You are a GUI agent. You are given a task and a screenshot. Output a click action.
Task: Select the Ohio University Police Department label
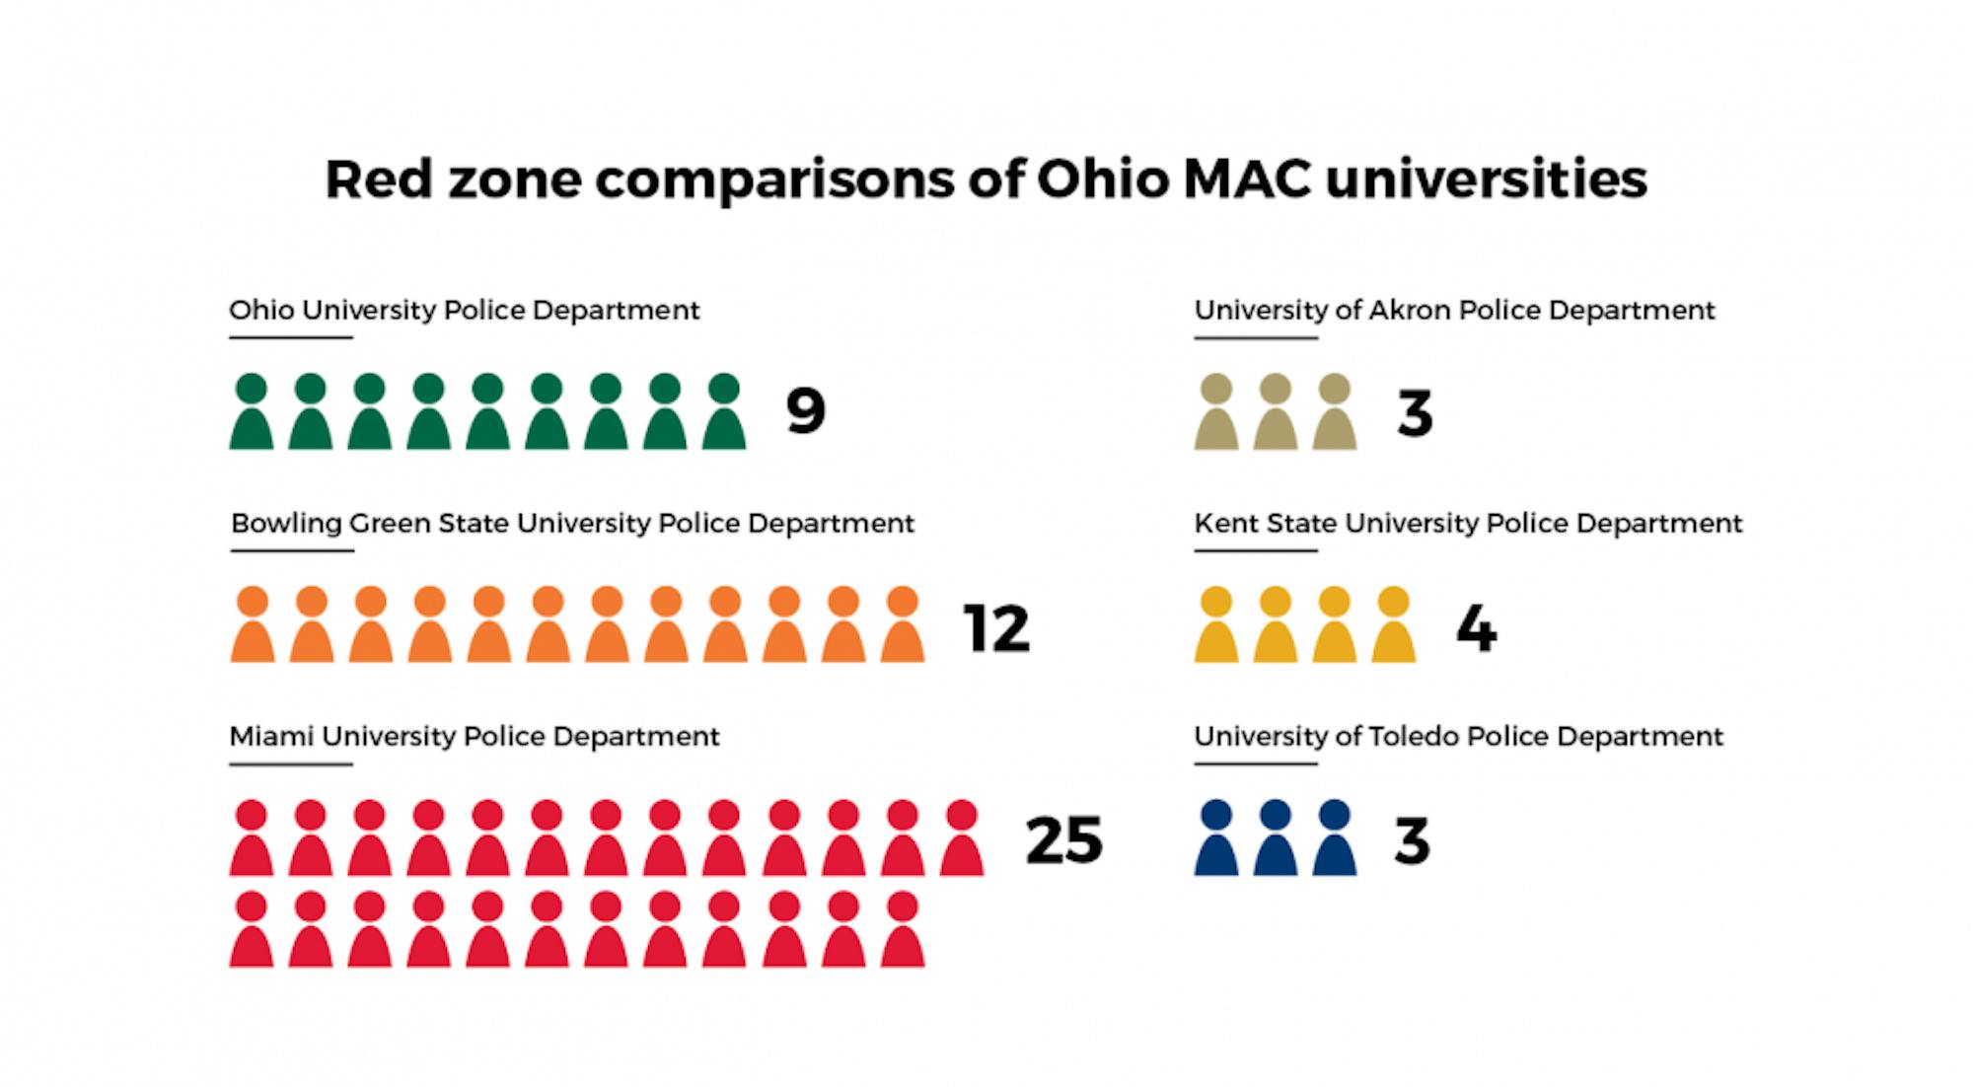[x=464, y=310]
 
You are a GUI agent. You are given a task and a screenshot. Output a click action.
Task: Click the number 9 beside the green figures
[x=805, y=411]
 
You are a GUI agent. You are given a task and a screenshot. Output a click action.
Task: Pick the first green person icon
[x=252, y=412]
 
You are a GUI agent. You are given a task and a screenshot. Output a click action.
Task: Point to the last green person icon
[x=724, y=412]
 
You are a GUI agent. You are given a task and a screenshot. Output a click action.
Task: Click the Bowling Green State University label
[x=572, y=523]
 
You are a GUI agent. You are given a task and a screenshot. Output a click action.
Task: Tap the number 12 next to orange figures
[x=996, y=628]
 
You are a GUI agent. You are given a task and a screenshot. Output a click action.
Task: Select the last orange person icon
[x=903, y=625]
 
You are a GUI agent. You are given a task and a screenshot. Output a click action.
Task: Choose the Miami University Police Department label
[x=475, y=736]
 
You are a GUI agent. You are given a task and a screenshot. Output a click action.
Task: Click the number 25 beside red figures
[x=1063, y=840]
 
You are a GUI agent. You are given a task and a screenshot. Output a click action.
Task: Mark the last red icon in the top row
[x=961, y=838]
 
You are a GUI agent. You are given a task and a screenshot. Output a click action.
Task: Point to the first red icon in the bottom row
[x=252, y=929]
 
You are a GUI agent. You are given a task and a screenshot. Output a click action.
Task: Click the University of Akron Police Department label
[x=1454, y=310]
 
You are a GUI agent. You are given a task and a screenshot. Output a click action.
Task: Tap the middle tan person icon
[x=1276, y=412]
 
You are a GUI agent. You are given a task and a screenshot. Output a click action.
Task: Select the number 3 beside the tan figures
[x=1415, y=413]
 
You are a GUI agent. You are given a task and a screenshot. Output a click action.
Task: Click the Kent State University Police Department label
[x=1468, y=523]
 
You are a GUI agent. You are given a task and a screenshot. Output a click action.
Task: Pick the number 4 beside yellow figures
[x=1476, y=628]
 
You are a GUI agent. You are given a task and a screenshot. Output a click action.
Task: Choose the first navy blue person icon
[x=1216, y=838]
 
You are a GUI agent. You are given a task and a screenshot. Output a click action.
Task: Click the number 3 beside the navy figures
[x=1412, y=841]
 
